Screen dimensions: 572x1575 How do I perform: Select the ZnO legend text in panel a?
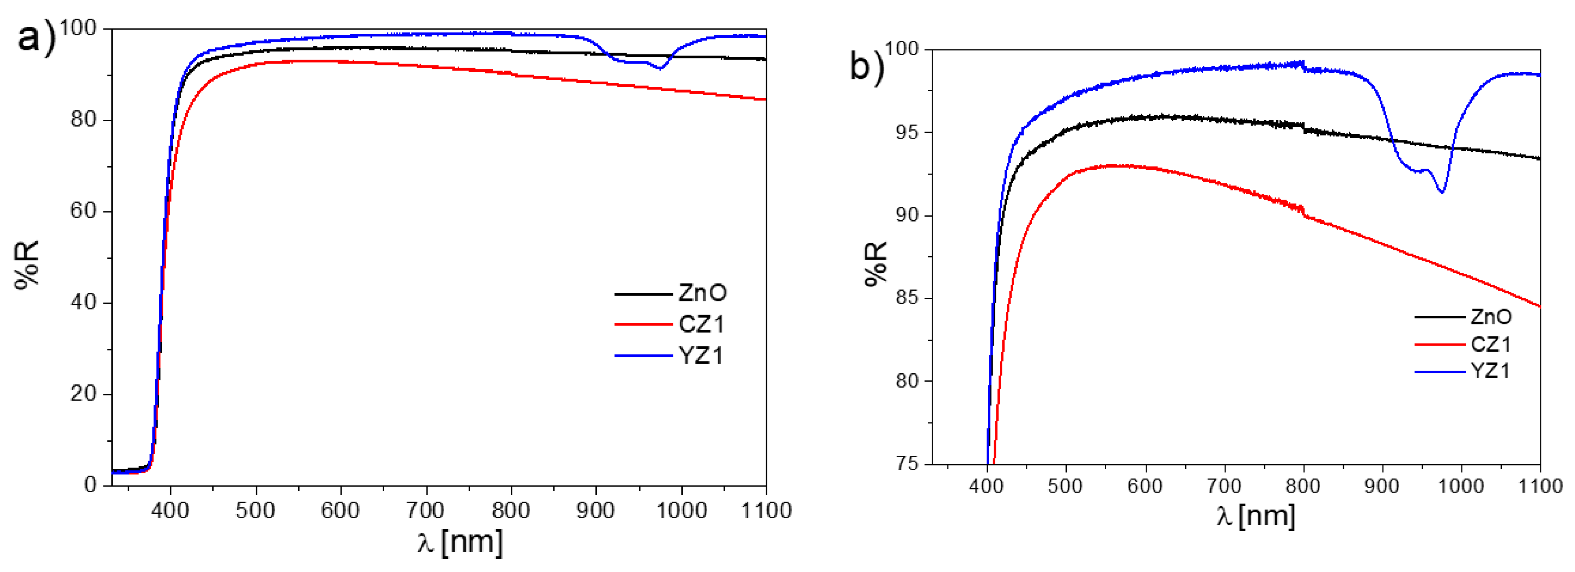[x=702, y=293]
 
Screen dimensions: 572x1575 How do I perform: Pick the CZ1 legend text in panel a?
[x=701, y=324]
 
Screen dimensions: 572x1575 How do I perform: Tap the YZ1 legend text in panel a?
[x=701, y=355]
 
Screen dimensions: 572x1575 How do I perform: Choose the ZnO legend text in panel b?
[x=1491, y=317]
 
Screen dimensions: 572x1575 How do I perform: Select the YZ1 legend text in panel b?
[x=1490, y=371]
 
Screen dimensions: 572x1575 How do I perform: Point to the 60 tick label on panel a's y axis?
[x=84, y=211]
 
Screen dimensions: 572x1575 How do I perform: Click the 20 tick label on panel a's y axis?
[x=84, y=393]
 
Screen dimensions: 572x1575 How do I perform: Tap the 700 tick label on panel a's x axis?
[x=426, y=510]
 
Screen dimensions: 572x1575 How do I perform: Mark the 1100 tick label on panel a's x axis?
[x=766, y=510]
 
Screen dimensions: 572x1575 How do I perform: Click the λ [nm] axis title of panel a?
[x=460, y=542]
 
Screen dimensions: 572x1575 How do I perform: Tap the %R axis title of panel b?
[x=876, y=263]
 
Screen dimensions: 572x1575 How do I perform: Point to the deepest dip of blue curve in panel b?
[x=1442, y=192]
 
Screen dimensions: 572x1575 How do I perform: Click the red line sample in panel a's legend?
[x=643, y=324]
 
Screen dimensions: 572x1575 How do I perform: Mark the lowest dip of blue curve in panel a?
[x=659, y=68]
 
